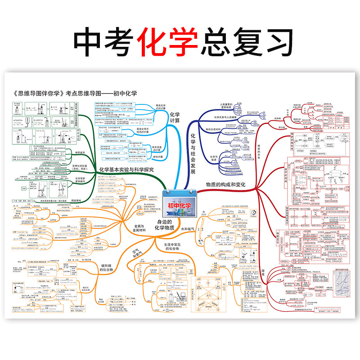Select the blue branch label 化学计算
pyautogui.click(x=175, y=117)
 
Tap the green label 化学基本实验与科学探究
pyautogui.click(x=126, y=170)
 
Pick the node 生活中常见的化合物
pyautogui.click(x=172, y=246)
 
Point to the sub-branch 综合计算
pyautogui.click(x=158, y=156)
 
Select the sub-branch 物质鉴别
pyautogui.click(x=81, y=153)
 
